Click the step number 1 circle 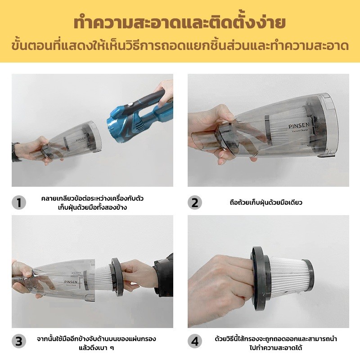[x=19, y=202]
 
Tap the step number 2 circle [x=195, y=202]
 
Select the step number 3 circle [x=19, y=341]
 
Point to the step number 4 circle [x=195, y=341]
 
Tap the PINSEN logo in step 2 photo [x=299, y=126]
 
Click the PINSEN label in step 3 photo [x=71, y=282]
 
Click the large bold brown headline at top [x=180, y=23]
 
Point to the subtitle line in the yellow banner [x=180, y=46]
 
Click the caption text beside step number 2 [x=266, y=202]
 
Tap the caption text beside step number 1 [x=92, y=203]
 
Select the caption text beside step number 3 [x=96, y=343]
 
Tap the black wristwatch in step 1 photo [x=14, y=152]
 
